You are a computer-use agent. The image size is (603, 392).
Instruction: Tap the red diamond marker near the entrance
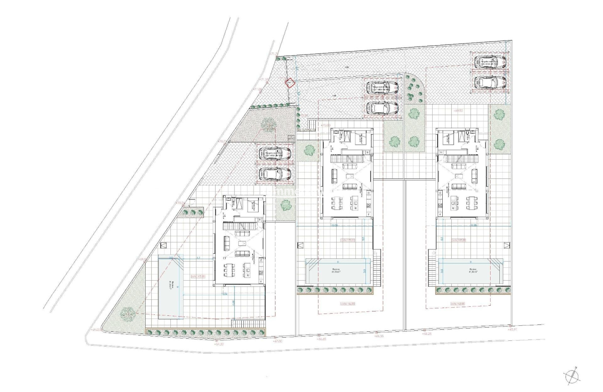pyautogui.click(x=289, y=83)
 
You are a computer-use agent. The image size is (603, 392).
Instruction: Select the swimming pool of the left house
pyautogui.click(x=170, y=286)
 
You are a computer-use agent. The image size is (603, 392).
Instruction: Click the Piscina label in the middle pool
pyautogui.click(x=337, y=270)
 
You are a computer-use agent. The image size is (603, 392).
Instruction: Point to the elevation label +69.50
pyautogui.click(x=459, y=110)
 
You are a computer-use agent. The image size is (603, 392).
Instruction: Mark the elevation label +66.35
pyautogui.click(x=379, y=336)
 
